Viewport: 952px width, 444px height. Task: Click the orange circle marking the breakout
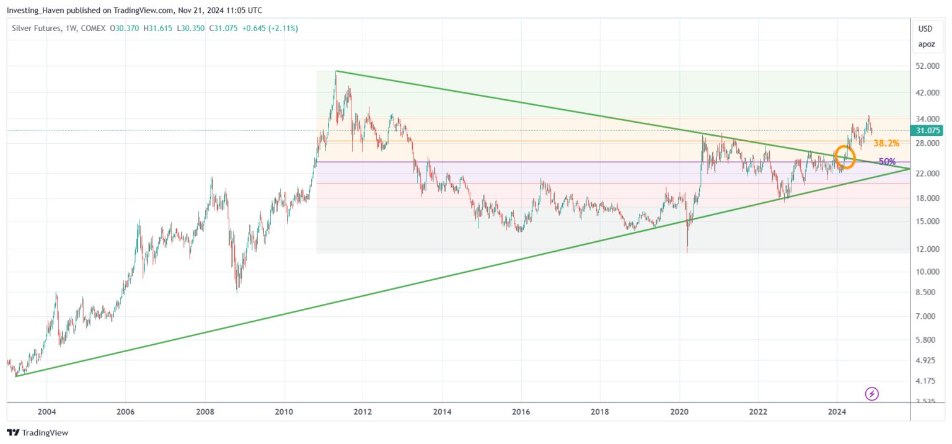tap(845, 156)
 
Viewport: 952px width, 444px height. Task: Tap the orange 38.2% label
tap(886, 143)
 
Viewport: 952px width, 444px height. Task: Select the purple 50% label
tap(887, 161)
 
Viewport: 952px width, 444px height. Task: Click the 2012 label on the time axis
tap(363, 411)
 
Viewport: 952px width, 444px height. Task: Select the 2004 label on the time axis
tap(46, 411)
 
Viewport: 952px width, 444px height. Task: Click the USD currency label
tap(925, 29)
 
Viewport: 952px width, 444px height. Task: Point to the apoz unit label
tap(925, 44)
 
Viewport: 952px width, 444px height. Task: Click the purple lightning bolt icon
tap(872, 393)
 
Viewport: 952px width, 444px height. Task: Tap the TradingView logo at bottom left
tap(37, 433)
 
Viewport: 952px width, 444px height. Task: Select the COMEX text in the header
tap(94, 29)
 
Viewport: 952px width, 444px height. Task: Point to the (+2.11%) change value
tap(283, 29)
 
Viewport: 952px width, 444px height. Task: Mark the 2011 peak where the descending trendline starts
tap(336, 71)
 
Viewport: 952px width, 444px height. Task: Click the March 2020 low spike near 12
tap(687, 251)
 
